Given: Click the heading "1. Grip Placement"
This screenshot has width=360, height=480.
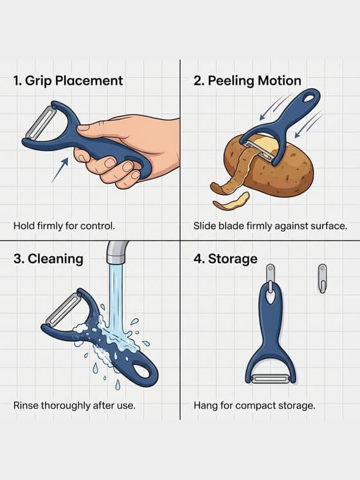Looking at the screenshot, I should point(68,81).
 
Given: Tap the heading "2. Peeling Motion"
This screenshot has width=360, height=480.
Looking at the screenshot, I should point(248,81).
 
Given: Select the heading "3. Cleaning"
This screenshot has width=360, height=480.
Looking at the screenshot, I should point(48,259).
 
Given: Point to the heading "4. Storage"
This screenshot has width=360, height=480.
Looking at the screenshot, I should point(225,259).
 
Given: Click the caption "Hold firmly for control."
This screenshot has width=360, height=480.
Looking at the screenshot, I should point(64,226).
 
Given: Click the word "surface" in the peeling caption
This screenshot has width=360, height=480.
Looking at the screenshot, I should point(328,226).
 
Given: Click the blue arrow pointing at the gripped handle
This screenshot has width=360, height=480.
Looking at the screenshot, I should point(60,171).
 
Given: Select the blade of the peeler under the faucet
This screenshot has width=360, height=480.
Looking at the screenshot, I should point(63,310).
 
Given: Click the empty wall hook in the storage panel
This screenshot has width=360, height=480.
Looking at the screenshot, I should point(322,277).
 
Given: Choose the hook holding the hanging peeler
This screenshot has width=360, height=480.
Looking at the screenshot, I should point(271,277).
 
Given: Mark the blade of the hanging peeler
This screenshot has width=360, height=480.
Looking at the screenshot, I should point(270,378).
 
